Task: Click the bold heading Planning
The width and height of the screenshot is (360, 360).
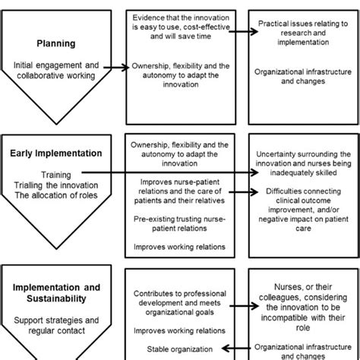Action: pos(56,44)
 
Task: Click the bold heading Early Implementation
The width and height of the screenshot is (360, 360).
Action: pos(56,153)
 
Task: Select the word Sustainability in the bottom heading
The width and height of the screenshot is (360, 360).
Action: pos(56,298)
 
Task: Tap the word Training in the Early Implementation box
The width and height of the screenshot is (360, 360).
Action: pos(56,175)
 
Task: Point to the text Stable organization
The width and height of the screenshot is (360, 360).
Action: pos(179,349)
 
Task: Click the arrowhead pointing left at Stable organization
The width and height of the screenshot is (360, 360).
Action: pos(226,349)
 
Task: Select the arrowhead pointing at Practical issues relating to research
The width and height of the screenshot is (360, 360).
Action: pos(254,32)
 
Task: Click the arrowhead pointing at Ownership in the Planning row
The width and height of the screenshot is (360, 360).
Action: pos(125,68)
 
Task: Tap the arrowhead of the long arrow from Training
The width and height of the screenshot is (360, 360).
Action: pos(254,172)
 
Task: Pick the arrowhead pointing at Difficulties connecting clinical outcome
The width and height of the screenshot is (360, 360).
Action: pos(254,192)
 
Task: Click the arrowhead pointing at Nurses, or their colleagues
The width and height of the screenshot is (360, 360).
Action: pos(254,306)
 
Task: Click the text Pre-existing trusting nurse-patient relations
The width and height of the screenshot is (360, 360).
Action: pos(179,223)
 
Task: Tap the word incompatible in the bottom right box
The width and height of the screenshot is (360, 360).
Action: pos(285,317)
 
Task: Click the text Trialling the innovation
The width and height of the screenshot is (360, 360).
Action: pos(56,185)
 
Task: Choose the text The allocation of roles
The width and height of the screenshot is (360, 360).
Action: pos(56,195)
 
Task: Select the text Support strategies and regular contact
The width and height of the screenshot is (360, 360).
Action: pos(56,326)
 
